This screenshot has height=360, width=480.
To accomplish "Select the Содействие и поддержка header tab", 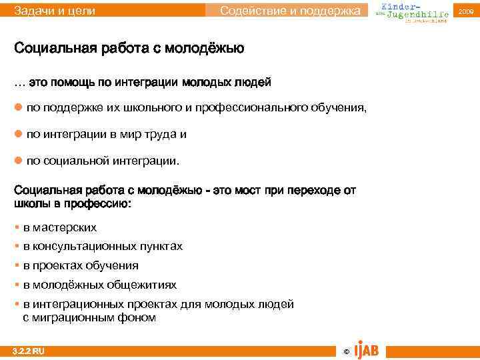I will pyautogui.click(x=293, y=10).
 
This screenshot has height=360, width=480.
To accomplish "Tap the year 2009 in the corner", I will pyautogui.click(x=465, y=11).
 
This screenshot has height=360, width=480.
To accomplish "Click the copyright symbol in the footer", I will pyautogui.click(x=345, y=351).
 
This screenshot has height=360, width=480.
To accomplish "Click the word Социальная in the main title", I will pyautogui.click(x=55, y=49).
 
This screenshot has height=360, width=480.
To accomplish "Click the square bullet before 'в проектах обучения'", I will pyautogui.click(x=17, y=265).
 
